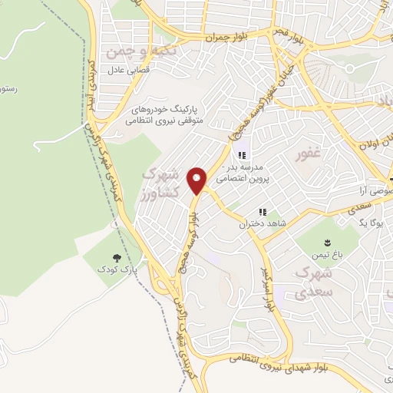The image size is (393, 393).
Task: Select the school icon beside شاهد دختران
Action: [x=263, y=212]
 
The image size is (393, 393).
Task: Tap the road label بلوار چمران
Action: [x=228, y=36]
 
